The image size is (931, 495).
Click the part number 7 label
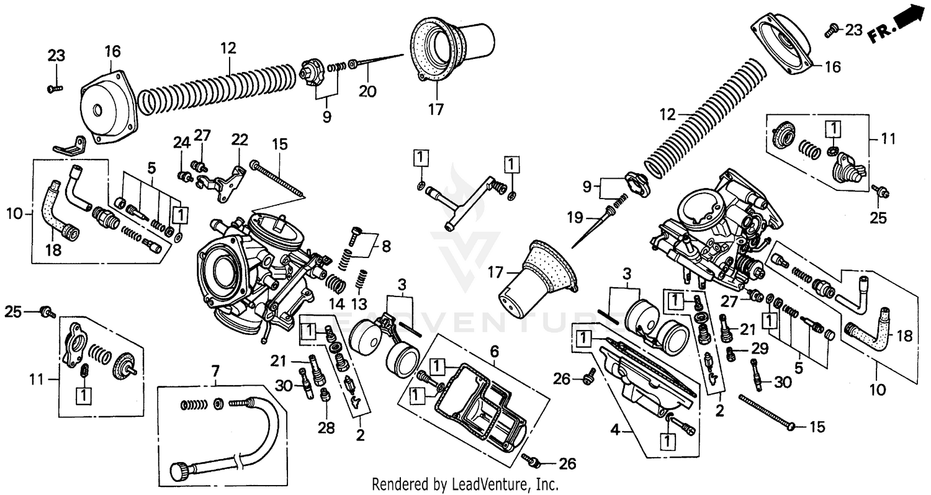pos(215,372)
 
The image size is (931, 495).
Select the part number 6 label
pos(494,352)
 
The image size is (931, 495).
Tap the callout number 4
pos(614,429)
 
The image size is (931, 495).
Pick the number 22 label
pos(240,140)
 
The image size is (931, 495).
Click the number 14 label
pos(336,305)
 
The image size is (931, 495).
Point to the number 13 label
pos(359,305)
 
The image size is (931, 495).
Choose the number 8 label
pos(386,247)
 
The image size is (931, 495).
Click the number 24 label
pos(181,143)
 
